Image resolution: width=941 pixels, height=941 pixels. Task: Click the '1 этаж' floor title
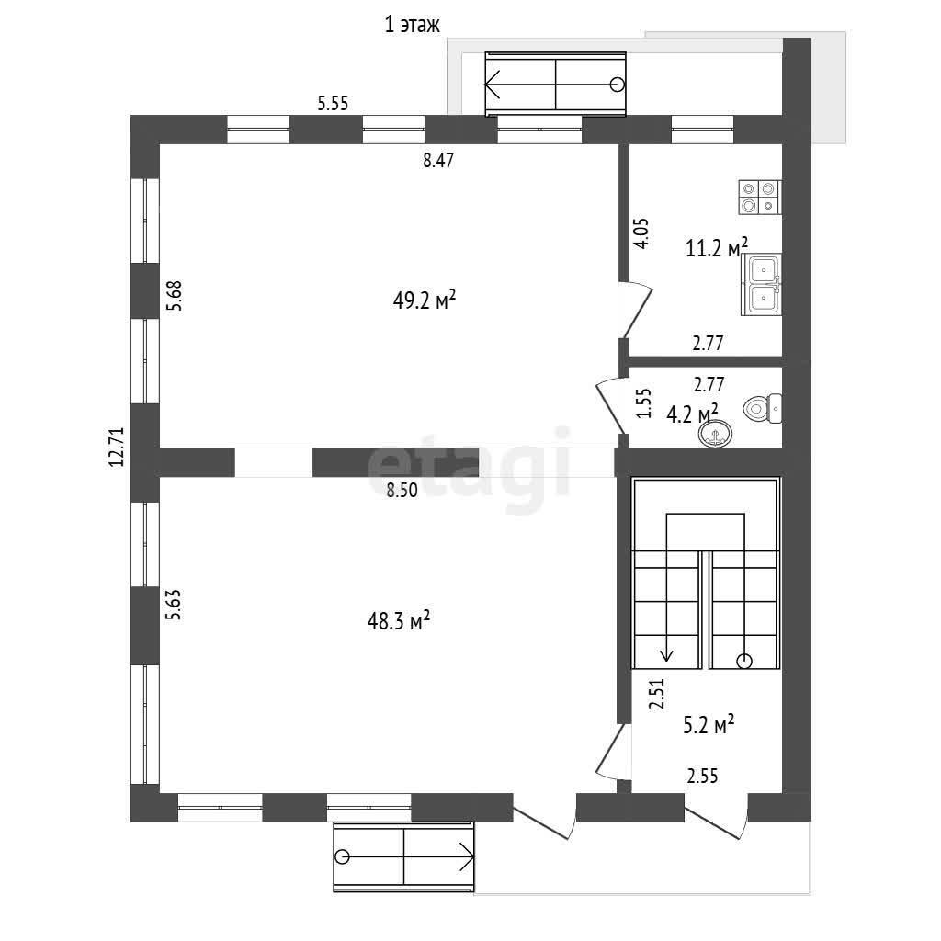pyautogui.click(x=412, y=25)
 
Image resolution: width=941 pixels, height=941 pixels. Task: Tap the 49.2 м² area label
pyautogui.click(x=425, y=300)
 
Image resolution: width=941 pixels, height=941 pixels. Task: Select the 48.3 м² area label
pyautogui.click(x=399, y=620)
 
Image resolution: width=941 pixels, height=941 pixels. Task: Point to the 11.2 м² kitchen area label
pyautogui.click(x=717, y=247)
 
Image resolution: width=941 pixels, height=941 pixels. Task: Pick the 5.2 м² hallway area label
pyautogui.click(x=709, y=725)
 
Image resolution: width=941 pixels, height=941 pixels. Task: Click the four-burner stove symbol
pyautogui.click(x=760, y=197)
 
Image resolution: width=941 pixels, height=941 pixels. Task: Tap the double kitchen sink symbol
pyautogui.click(x=761, y=284)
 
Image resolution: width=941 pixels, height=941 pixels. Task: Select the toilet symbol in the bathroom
pyautogui.click(x=762, y=409)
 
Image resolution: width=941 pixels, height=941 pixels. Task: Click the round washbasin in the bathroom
pyautogui.click(x=715, y=434)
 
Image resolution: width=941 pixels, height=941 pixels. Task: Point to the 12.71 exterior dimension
pyautogui.click(x=116, y=448)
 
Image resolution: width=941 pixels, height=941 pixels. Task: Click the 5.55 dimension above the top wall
pyautogui.click(x=333, y=103)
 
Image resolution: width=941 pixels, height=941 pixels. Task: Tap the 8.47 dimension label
pyautogui.click(x=438, y=160)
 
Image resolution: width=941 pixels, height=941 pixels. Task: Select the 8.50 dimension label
pyautogui.click(x=402, y=490)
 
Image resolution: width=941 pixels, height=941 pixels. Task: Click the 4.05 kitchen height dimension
pyautogui.click(x=641, y=233)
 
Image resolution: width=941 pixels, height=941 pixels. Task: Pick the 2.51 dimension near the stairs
pyautogui.click(x=657, y=695)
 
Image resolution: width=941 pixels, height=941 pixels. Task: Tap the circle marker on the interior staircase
pyautogui.click(x=744, y=661)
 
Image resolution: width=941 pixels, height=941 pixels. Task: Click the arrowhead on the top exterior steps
pyautogui.click(x=493, y=84)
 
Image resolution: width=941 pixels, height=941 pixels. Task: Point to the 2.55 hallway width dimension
pyautogui.click(x=702, y=776)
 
